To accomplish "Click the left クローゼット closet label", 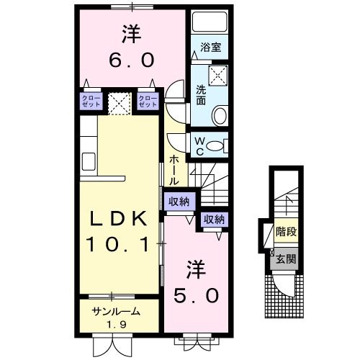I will tap(90, 101).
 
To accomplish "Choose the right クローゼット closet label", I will tap(148, 101).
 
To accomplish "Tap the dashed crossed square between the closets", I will tap(119, 102).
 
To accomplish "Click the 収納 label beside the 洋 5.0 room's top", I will tap(213, 220).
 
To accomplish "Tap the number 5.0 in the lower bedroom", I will tap(194, 294).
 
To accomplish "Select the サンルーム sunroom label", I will tap(115, 312).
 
